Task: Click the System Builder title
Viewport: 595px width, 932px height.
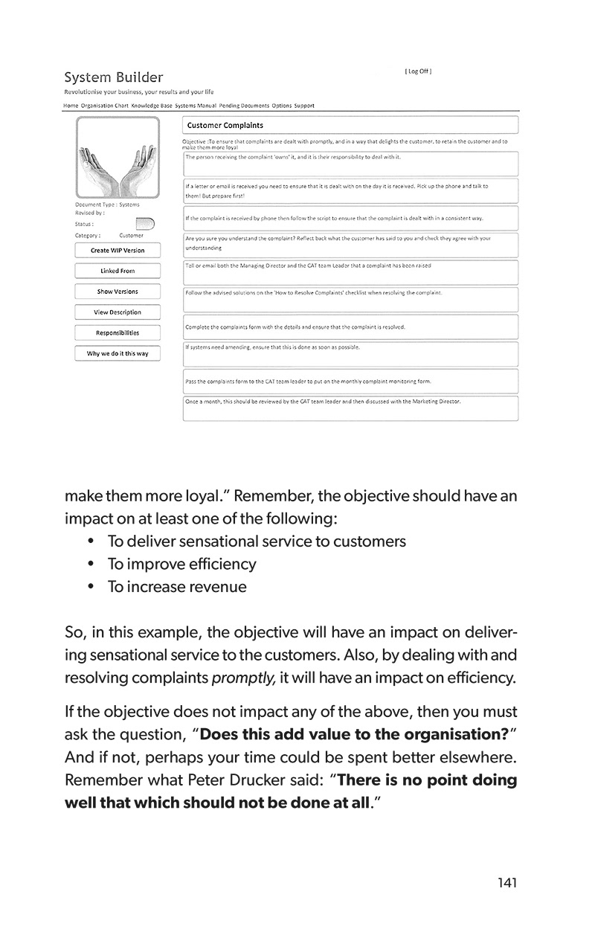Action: tap(114, 77)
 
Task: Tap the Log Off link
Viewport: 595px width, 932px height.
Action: tap(418, 72)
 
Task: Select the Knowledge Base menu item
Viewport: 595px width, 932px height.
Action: tap(152, 106)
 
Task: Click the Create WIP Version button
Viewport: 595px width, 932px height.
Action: tap(118, 251)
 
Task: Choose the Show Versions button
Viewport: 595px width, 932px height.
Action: tap(118, 292)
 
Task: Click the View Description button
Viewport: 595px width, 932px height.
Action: tap(118, 312)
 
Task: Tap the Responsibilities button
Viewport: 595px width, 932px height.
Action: tap(118, 332)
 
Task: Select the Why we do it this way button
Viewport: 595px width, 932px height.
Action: tap(118, 353)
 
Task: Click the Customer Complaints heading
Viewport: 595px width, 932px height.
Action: tap(225, 125)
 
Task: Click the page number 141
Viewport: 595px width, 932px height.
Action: tap(507, 883)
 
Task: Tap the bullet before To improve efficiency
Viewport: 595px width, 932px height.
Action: tap(91, 565)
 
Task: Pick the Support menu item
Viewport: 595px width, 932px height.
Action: tap(304, 106)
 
